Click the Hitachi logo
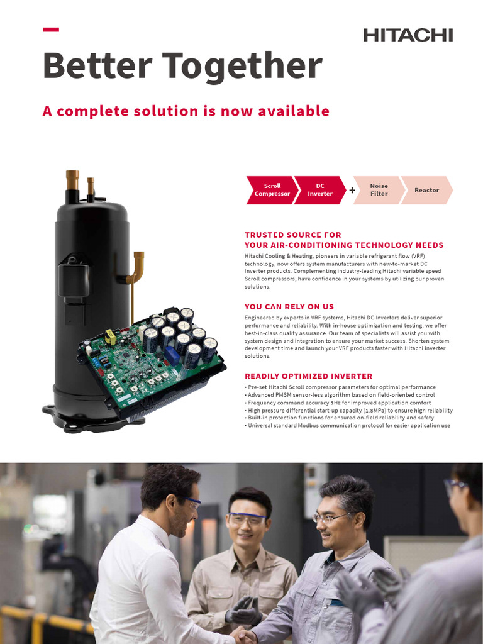[408, 35]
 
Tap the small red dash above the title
[51, 30]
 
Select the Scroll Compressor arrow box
[272, 190]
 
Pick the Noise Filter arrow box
[378, 190]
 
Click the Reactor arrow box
[427, 190]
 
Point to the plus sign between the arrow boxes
[352, 190]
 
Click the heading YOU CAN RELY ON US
[289, 307]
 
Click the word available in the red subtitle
[298, 111]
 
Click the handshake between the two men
[242, 634]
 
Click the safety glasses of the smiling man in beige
[247, 520]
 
